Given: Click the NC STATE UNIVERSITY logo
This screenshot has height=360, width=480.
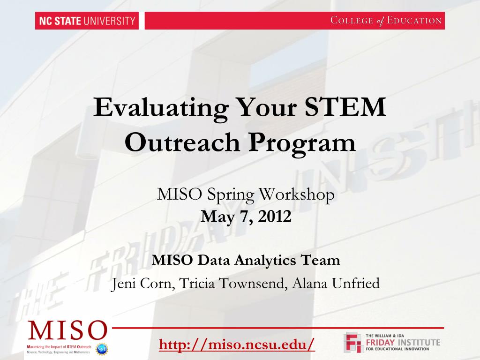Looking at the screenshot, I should [x=87, y=21].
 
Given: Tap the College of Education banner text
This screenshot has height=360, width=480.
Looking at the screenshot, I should [x=386, y=21].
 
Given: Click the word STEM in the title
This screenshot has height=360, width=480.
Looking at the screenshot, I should [x=345, y=107].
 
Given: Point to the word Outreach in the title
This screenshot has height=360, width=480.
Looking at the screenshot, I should [x=182, y=142].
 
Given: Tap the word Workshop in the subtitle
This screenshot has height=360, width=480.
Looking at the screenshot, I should [x=297, y=195].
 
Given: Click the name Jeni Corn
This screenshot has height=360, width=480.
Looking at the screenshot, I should [x=142, y=284].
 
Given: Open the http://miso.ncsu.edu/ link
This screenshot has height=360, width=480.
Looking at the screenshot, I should [x=237, y=345].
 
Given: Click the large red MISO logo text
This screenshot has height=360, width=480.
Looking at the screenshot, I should [x=67, y=331].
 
